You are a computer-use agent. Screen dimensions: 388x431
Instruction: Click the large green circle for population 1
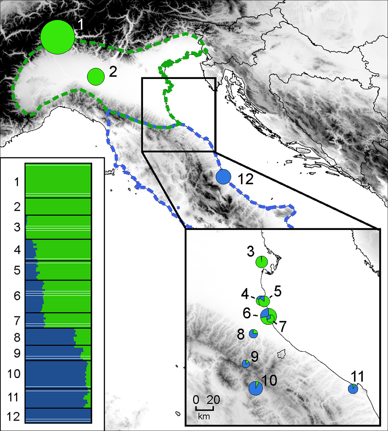click(x=58, y=37)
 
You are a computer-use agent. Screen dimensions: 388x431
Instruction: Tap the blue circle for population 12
click(x=223, y=177)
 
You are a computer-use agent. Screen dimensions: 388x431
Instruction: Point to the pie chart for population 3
click(x=261, y=262)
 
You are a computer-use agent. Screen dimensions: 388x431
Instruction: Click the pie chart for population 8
click(x=253, y=333)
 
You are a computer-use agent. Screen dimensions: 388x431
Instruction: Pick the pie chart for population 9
click(x=246, y=364)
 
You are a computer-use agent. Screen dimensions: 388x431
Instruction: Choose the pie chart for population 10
click(x=255, y=388)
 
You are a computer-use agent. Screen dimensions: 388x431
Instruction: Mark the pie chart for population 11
click(x=353, y=389)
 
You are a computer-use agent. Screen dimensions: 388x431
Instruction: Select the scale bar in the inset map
click(x=204, y=408)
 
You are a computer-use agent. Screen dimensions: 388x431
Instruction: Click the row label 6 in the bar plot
click(x=16, y=296)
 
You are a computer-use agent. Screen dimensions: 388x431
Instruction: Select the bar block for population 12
click(x=58, y=415)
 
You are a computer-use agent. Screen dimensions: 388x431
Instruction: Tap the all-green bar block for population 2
click(x=58, y=207)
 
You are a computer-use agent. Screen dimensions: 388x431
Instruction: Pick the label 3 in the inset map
click(x=250, y=253)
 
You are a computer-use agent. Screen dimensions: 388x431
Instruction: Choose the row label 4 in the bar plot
click(x=16, y=251)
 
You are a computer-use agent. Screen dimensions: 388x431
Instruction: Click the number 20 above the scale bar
click(x=213, y=400)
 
